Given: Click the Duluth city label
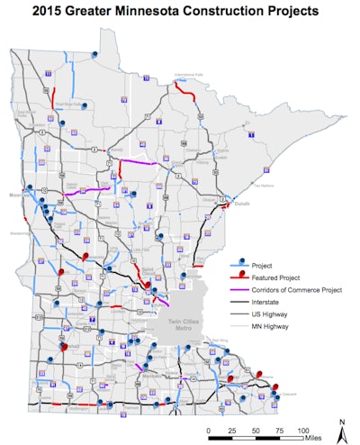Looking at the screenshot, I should tap(235, 204).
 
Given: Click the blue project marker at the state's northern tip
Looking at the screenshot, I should tap(94, 53).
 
